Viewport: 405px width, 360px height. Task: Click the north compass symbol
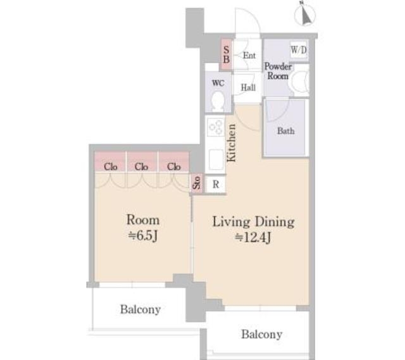pos(306,13)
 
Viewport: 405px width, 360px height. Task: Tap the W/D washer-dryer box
pos(299,49)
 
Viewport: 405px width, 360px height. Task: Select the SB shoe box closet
pos(227,55)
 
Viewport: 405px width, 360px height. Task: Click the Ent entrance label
pos(249,55)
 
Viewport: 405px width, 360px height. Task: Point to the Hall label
pos(248,87)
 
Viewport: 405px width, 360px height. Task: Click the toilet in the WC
pos(218,101)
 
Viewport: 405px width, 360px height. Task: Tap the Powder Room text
pos(278,71)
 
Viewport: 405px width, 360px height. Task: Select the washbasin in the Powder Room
pos(301,82)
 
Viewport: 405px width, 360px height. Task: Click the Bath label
pos(285,131)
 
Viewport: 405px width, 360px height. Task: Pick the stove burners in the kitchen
pos(215,127)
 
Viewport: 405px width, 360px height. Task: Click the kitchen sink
pos(216,159)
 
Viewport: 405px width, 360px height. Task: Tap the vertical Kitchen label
pos(231,143)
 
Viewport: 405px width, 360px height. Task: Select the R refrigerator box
pos(216,184)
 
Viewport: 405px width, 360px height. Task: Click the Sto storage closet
pos(197,183)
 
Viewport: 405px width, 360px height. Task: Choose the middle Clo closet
pos(141,162)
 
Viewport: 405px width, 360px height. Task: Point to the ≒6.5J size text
pos(143,236)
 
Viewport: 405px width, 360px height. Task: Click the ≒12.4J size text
pos(252,238)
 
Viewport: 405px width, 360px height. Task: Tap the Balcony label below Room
pos(140,309)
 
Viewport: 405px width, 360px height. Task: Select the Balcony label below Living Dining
pos(261,335)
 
